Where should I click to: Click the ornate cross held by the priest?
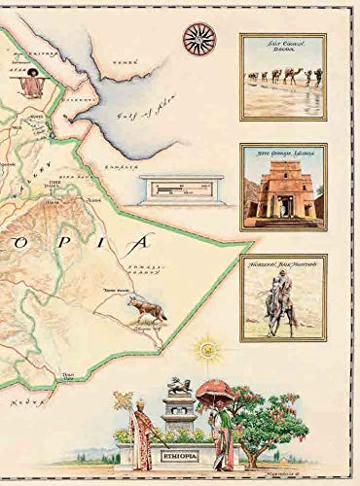[x=124, y=399]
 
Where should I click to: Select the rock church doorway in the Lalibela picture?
[x=283, y=206]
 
